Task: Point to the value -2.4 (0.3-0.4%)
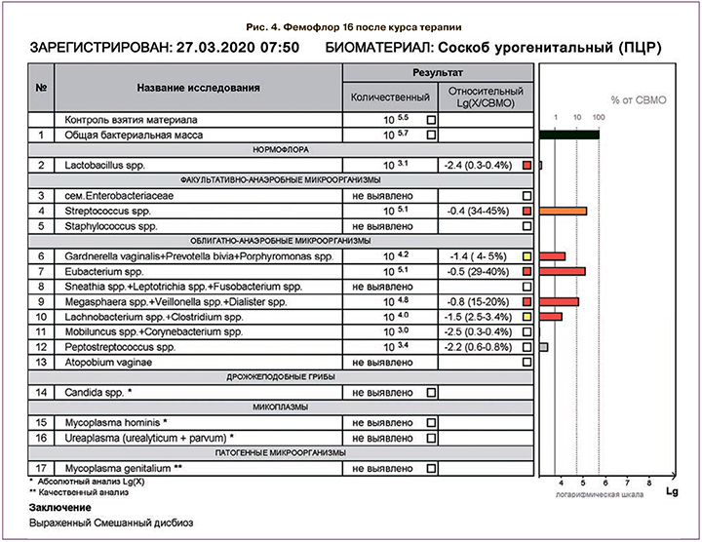[x=477, y=166]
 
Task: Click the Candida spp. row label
[x=98, y=392]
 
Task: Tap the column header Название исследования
[x=199, y=88]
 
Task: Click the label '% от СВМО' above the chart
[x=634, y=99]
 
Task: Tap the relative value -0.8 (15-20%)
[x=477, y=301]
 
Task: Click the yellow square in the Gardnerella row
[x=526, y=256]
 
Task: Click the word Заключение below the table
[x=60, y=508]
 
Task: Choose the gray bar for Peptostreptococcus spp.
[x=543, y=347]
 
